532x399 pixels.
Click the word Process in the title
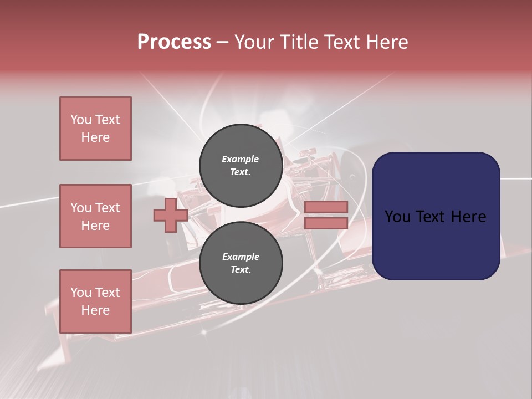pos(174,42)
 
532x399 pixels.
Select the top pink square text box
pos(95,129)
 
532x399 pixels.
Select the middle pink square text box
pos(95,216)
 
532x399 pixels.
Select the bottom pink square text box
pos(95,301)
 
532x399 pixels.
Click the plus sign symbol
pos(171,215)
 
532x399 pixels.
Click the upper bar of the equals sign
pos(326,207)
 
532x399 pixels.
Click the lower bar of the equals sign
pos(326,223)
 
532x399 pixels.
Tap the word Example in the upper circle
pos(241,159)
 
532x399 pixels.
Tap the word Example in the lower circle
pos(241,257)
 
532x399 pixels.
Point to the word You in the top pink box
pos(80,120)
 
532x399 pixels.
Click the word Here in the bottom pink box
pos(95,310)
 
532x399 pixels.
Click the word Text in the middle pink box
pos(108,208)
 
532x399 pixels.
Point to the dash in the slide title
pos(222,42)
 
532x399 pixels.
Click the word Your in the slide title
pos(255,42)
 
